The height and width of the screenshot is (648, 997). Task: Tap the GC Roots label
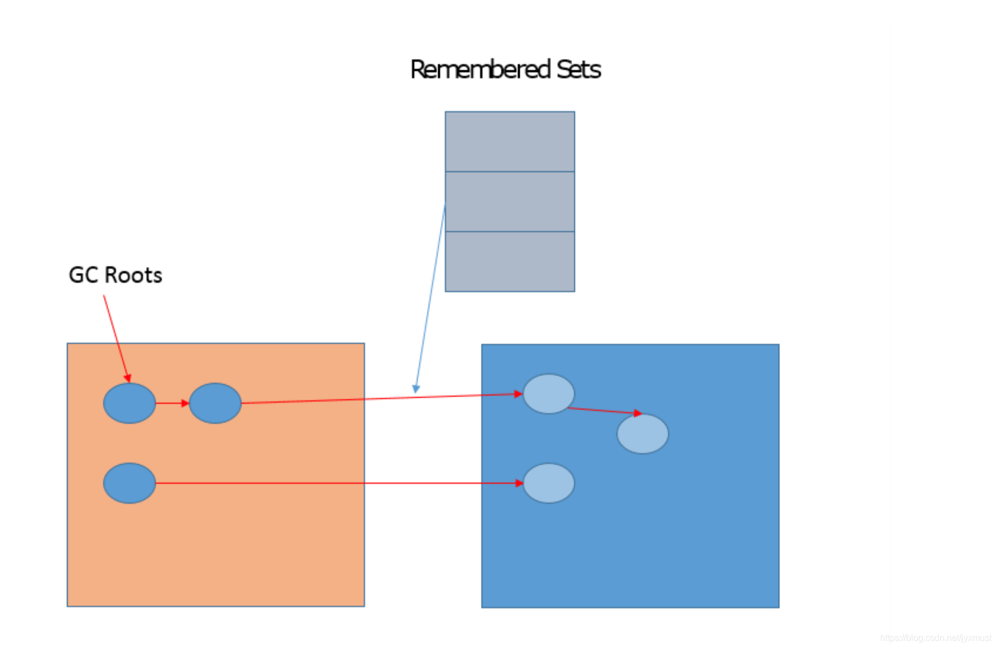point(115,275)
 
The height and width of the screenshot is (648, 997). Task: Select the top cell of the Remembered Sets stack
point(510,141)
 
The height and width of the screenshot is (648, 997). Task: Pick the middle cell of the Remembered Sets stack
point(510,202)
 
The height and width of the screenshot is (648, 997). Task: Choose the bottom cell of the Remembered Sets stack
point(510,261)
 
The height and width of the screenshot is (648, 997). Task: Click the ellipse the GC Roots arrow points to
point(129,403)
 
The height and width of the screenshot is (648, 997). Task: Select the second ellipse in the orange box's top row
point(215,403)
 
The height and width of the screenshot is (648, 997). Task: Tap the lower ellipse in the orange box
point(129,483)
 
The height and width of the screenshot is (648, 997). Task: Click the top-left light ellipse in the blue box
point(548,394)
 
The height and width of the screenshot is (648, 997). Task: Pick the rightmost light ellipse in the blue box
point(643,433)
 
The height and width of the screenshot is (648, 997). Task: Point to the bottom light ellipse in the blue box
point(548,483)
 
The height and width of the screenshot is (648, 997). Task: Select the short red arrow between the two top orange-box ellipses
point(171,403)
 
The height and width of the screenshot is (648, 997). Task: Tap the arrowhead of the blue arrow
point(416,389)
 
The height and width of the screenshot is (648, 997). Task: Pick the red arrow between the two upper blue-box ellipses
point(603,411)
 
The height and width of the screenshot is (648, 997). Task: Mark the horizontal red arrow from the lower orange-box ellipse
point(335,483)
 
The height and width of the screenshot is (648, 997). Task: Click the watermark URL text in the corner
point(935,638)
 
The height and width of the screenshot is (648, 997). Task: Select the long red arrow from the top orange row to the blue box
point(380,398)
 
